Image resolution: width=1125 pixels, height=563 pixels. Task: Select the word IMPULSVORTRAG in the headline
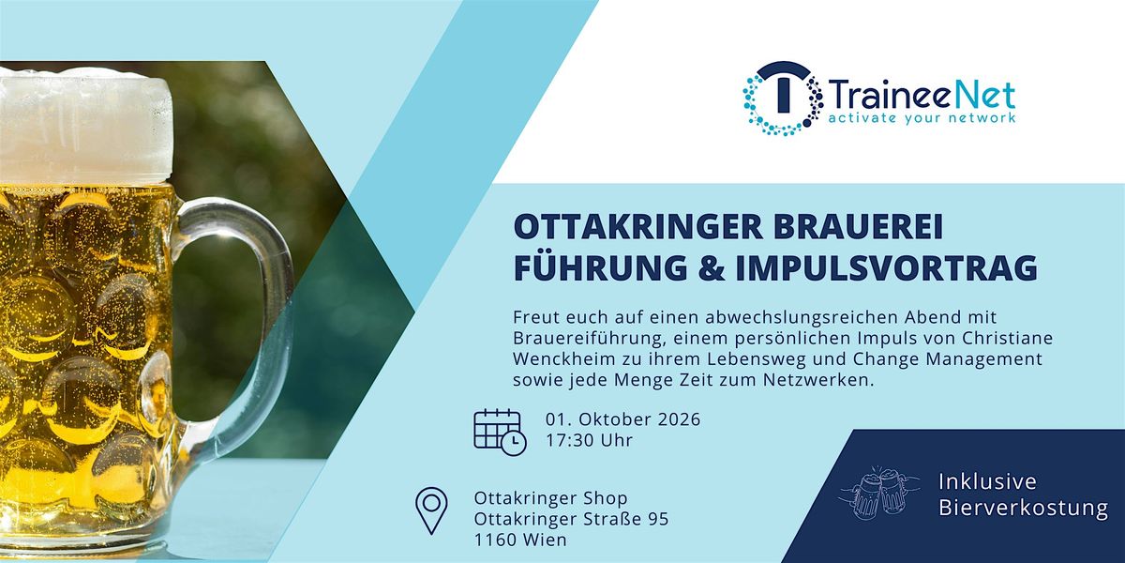[x=888, y=268]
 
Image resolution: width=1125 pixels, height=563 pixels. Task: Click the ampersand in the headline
[x=712, y=268]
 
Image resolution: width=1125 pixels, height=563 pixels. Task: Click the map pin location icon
[x=431, y=510]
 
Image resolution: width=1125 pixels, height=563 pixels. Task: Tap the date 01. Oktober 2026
[x=622, y=419]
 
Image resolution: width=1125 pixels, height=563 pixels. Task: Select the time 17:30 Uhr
[x=589, y=440]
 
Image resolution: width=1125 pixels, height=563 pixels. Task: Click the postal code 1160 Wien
[x=520, y=540]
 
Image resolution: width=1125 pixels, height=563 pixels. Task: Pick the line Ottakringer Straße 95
[x=572, y=519]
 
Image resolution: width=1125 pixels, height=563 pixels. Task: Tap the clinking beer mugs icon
[x=879, y=492]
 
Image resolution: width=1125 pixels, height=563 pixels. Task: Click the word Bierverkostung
[x=1023, y=508]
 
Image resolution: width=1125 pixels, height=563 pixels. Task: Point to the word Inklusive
[x=987, y=481]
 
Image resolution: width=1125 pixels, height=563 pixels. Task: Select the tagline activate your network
[x=921, y=118]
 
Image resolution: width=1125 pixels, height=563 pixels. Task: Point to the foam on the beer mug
[x=84, y=125]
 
